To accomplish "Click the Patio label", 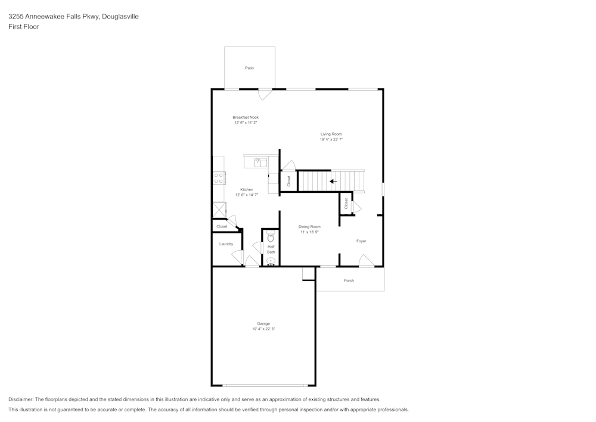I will coord(250,68).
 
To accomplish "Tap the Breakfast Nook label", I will coord(246,117).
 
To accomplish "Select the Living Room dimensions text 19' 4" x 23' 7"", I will coord(331,139).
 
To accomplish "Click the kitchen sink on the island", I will coord(260,162).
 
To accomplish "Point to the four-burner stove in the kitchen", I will coord(219,178).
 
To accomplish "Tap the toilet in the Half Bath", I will coord(271,238).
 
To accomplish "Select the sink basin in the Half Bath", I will coord(271,261).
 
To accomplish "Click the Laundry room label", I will coord(226,244).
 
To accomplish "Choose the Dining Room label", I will coord(309,226).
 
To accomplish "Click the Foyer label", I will coord(361,241).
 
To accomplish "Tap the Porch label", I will coord(349,281).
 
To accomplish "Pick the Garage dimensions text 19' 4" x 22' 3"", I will coord(263,329).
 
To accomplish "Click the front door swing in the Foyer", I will coord(366,260).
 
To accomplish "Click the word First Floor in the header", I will coord(24,27).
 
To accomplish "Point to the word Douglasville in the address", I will coord(120,17).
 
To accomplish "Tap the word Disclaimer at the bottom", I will coord(21,399).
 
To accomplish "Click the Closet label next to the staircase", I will coord(289,181).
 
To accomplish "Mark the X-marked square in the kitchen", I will coord(219,210).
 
